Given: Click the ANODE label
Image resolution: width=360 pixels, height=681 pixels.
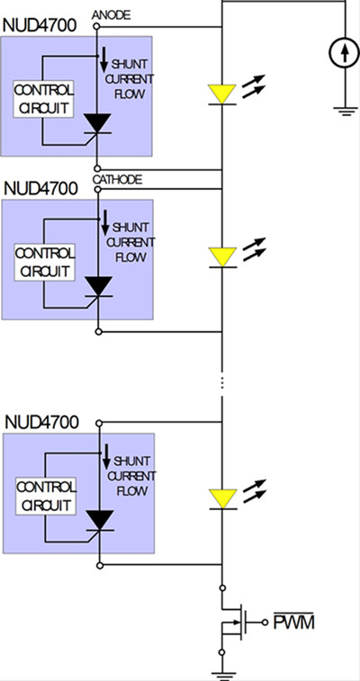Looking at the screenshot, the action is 111,15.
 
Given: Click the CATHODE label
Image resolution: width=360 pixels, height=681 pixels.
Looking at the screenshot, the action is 117,180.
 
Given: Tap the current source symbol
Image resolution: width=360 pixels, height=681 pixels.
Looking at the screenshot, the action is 345,52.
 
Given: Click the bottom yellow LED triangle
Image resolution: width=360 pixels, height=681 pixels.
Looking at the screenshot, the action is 223,498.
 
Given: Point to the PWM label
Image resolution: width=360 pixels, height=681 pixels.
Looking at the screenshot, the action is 293,622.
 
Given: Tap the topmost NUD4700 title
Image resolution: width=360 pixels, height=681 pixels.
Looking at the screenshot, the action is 40,26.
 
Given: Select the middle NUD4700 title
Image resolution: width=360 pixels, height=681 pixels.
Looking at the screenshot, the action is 40,189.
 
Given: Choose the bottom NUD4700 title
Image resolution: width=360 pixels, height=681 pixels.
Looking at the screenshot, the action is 41,422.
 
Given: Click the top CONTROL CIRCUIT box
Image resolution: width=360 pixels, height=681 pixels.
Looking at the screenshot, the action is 43,99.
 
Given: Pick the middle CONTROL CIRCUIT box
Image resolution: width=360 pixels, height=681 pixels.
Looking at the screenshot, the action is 44,262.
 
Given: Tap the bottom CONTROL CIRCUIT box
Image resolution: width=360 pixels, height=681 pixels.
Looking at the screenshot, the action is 46,496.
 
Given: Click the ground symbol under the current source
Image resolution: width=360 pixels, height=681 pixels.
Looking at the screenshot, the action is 346,112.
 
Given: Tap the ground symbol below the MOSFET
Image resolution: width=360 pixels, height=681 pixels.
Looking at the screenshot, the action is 222,675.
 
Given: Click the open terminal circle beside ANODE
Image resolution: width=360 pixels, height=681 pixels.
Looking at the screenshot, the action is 96,26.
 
